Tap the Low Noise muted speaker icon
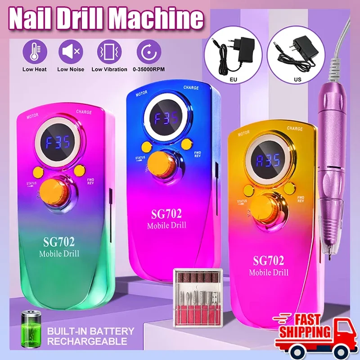[71, 52]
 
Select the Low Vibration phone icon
[109, 52]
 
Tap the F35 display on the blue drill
[166, 118]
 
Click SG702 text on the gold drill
[269, 260]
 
